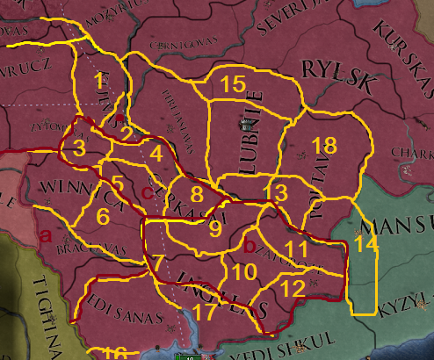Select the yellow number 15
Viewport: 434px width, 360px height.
click(x=233, y=84)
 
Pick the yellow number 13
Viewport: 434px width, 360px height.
click(x=275, y=192)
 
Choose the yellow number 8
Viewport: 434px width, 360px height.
click(x=198, y=194)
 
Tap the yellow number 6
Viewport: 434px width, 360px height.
click(x=104, y=215)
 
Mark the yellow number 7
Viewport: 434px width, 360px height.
click(x=157, y=262)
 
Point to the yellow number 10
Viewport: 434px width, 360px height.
click(x=245, y=272)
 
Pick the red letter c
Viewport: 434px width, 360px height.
click(x=147, y=191)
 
